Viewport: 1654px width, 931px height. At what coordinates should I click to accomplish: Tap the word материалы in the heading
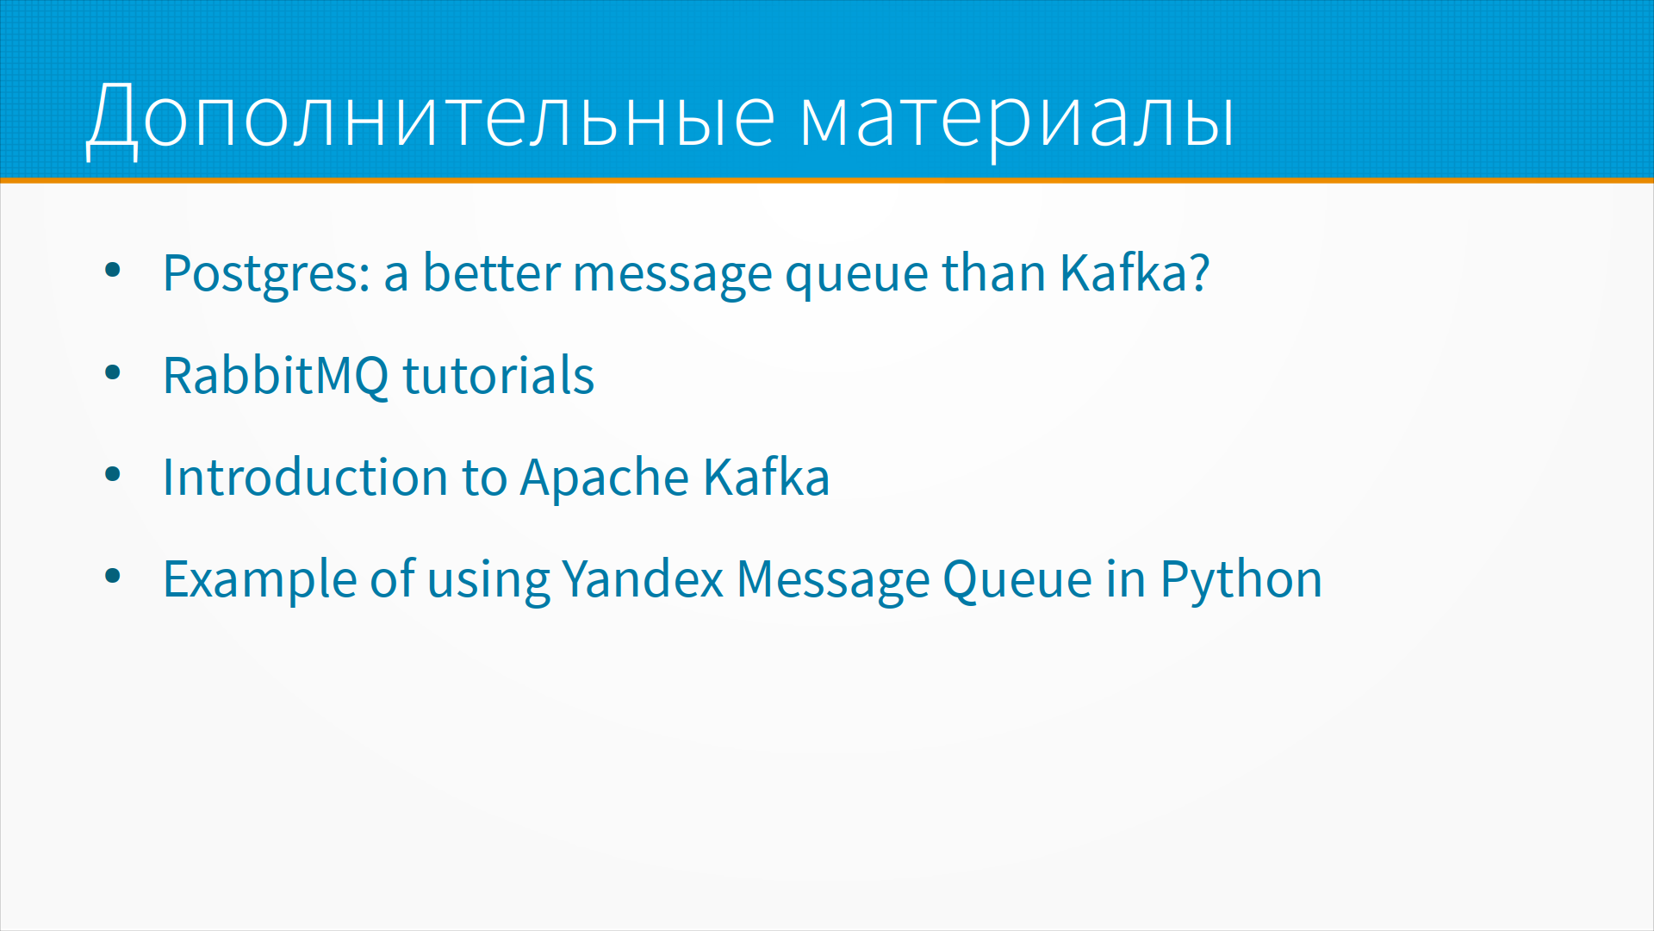[x=1017, y=120]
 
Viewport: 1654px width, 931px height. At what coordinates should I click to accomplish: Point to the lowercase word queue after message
[x=856, y=277]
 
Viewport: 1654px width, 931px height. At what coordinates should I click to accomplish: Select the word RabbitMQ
[x=276, y=376]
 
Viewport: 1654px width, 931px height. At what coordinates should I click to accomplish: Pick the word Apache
[x=605, y=479]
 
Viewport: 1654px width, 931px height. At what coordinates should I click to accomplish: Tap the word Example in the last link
[x=259, y=580]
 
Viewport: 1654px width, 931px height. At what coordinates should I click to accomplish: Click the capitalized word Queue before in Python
[x=1017, y=579]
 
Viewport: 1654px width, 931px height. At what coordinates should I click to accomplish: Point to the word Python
[x=1240, y=580]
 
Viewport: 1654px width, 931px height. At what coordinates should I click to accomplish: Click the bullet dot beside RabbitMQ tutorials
[x=113, y=373]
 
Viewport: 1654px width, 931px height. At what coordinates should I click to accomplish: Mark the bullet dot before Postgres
[x=113, y=271]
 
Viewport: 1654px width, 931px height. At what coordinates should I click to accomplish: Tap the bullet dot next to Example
[x=113, y=576]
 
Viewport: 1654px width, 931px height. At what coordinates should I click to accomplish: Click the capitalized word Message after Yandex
[x=833, y=580]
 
